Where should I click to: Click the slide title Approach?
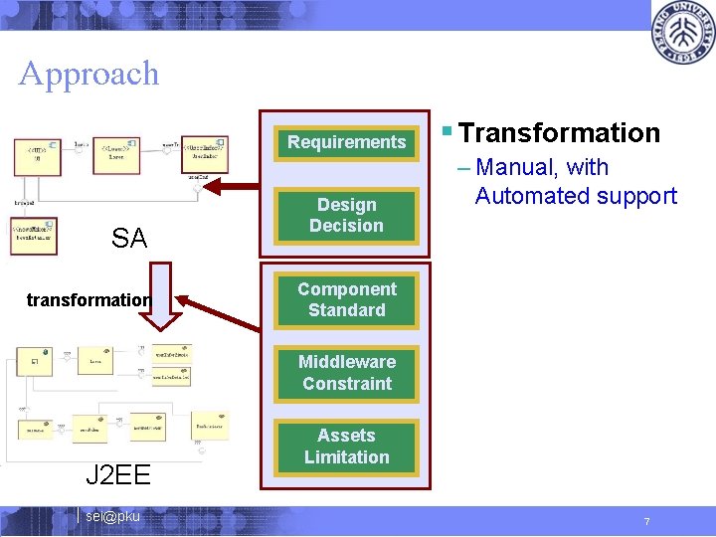[89, 74]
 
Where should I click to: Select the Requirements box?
[346, 142]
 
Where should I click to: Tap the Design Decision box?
[346, 216]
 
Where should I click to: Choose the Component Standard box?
[346, 299]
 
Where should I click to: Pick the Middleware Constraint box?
[346, 373]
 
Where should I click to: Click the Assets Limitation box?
[346, 447]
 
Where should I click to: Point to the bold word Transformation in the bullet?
[560, 133]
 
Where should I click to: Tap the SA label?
[129, 239]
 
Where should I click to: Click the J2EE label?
[117, 474]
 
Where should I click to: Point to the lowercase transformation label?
[89, 299]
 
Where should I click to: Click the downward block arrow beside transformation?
[154, 293]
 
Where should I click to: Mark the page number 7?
[646, 522]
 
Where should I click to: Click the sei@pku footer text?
[112, 516]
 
